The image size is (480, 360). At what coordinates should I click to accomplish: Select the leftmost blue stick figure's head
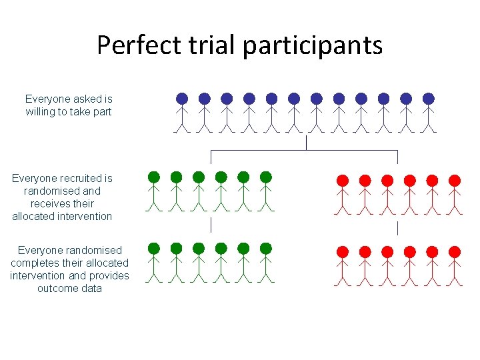coord(182,99)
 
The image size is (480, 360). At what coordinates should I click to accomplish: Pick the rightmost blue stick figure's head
coord(428,99)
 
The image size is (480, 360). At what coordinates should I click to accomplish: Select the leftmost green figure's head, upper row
coord(154,177)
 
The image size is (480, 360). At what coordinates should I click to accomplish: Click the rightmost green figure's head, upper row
coord(266,177)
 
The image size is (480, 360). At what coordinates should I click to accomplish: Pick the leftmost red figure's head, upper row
coord(343,180)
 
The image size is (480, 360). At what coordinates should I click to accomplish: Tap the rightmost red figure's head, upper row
coord(455,180)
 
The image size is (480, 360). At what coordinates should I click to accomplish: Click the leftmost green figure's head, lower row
coord(154,249)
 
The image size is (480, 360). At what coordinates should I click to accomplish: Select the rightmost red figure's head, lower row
coord(455,252)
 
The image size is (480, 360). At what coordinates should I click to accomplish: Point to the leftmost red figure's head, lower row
coord(343,252)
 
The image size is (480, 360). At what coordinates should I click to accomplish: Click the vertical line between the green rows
coord(211,225)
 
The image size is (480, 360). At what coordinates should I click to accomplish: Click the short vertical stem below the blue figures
coord(305,143)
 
